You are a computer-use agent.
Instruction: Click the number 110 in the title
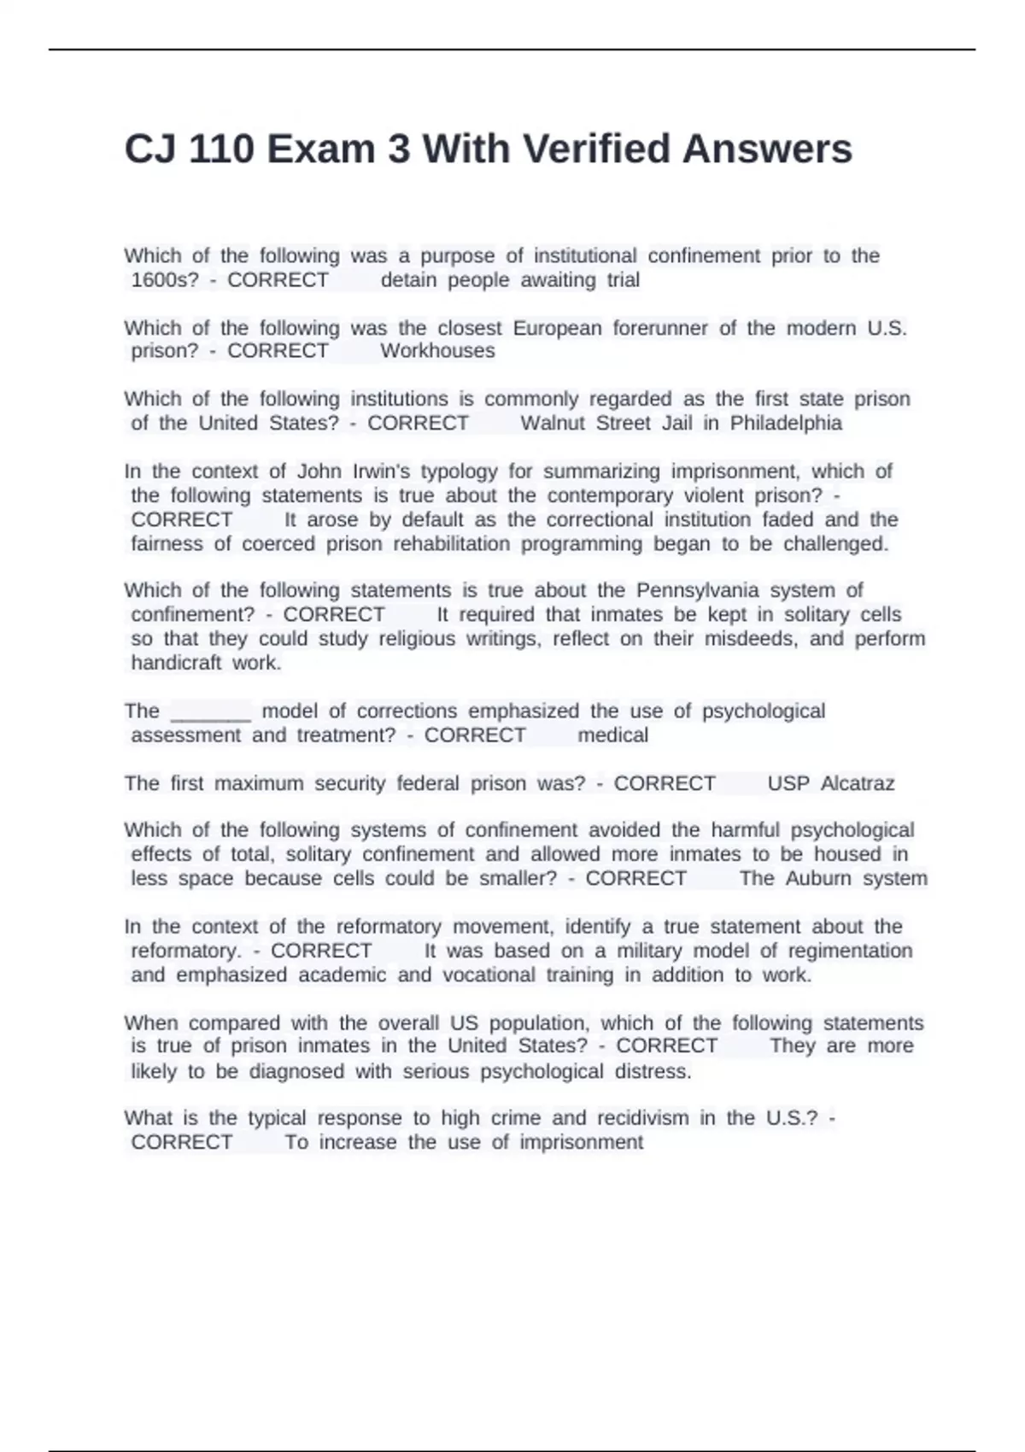click(x=221, y=149)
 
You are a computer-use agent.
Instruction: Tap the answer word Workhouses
click(x=437, y=351)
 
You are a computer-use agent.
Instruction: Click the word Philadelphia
click(x=786, y=424)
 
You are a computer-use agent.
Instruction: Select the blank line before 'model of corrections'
click(x=211, y=712)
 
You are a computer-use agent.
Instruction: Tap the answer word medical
click(x=612, y=735)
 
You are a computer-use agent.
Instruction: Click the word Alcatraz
click(x=857, y=784)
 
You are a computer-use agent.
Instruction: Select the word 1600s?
click(x=165, y=280)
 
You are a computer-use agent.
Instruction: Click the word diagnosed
click(x=296, y=1072)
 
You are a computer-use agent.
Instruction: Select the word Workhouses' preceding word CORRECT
click(x=278, y=351)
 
